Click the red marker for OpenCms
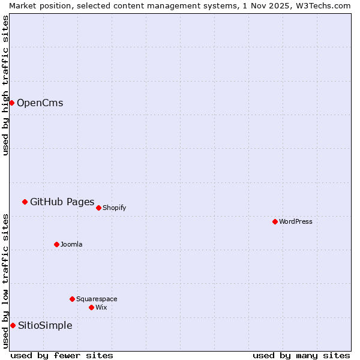[11, 103]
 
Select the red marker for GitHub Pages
[25, 202]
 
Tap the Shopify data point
[98, 208]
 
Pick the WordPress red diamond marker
[275, 221]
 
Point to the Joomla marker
[56, 244]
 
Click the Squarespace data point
[72, 299]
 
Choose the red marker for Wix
[91, 307]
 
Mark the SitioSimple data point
[13, 325]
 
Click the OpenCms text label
[40, 103]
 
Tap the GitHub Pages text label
[62, 202]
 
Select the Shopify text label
[114, 208]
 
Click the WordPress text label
[295, 221]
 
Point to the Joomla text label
[71, 244]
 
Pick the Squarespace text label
[97, 299]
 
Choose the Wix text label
[101, 307]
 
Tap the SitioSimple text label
[45, 325]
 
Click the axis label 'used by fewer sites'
[62, 355]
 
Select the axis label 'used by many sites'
[301, 355]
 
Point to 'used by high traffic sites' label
[5, 85]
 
